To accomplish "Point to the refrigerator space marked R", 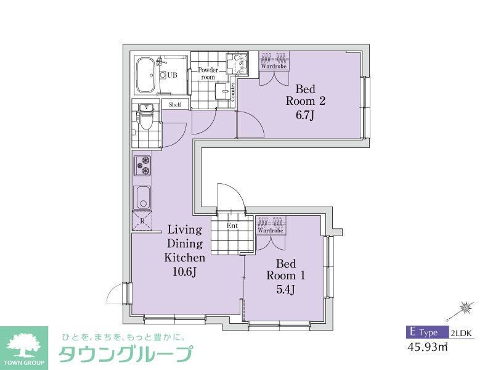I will [142, 220].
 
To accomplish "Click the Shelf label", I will [175, 105].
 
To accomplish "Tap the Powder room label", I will [208, 73].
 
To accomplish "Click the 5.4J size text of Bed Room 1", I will [285, 289].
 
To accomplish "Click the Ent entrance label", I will [232, 226].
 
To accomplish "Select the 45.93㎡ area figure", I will [427, 347].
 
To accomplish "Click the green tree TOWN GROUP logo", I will [23, 348].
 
